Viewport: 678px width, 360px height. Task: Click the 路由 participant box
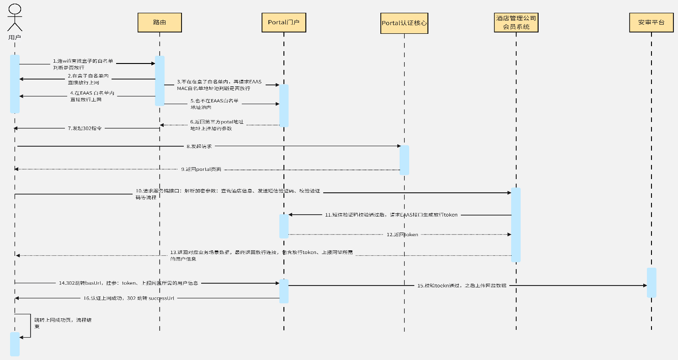coord(160,22)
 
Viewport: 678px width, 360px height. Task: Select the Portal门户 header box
coord(283,22)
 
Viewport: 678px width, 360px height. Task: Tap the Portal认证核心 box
coord(404,23)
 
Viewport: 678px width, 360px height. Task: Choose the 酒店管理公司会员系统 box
coord(516,22)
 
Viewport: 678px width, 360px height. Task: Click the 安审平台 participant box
coord(651,22)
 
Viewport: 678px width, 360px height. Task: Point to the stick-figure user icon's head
coord(15,8)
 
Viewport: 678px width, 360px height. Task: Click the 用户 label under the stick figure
coord(15,37)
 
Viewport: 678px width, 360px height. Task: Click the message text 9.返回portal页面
coord(201,169)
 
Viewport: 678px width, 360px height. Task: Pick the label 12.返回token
coord(402,234)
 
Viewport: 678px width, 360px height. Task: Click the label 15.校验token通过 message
coord(462,286)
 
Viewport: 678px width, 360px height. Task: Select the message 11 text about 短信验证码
coord(391,215)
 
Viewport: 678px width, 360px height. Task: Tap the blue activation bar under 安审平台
coord(651,282)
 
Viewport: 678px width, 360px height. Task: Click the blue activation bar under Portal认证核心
coord(404,160)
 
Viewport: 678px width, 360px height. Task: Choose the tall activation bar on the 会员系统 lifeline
coord(516,224)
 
